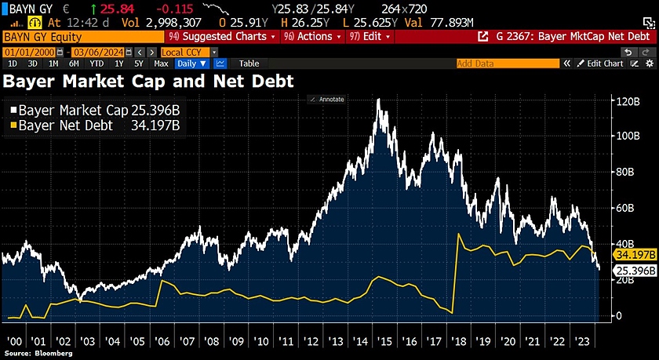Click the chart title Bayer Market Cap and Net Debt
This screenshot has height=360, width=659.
coord(149,80)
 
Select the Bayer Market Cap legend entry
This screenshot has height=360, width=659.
coord(89,111)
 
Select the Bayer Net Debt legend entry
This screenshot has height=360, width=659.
coord(89,125)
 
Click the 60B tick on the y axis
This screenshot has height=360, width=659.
coord(625,208)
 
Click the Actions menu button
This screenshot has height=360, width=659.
coord(313,37)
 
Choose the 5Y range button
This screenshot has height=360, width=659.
coord(138,64)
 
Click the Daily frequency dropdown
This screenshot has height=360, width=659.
coord(191,64)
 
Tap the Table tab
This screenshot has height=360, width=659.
coord(249,64)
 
